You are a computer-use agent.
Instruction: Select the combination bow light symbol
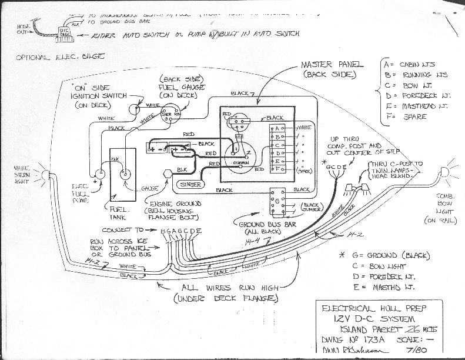pyautogui.click(x=443, y=172)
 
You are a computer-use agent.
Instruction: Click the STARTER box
pyautogui.click(x=192, y=185)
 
